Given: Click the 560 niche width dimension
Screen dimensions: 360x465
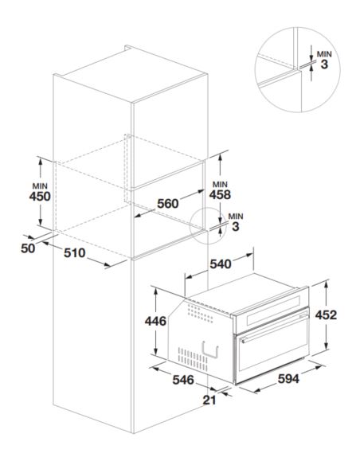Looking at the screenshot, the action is (168, 204).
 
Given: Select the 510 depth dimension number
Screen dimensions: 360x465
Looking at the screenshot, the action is (74, 253).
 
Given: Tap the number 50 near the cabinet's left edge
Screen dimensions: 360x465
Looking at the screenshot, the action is (28, 248).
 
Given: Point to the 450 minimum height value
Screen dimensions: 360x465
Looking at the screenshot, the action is (40, 197).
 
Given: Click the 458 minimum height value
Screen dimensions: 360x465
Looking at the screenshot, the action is (220, 194).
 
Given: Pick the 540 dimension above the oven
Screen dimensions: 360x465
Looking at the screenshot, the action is (221, 264).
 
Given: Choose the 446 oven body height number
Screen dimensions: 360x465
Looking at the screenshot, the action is (155, 321).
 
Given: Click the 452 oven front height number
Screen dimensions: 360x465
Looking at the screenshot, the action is (326, 315).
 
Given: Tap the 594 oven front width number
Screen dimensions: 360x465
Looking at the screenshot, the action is (288, 379).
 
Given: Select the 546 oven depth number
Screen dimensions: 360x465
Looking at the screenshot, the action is (183, 380).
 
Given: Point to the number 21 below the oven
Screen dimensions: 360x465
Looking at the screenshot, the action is (209, 401).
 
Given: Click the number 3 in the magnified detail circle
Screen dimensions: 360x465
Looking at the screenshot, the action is (324, 64).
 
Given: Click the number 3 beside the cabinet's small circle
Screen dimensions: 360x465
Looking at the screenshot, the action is (236, 227).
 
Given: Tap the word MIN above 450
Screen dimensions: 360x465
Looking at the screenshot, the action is (40, 186).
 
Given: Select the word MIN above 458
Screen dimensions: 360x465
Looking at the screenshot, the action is (220, 185).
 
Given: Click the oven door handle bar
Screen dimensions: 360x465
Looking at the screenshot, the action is (274, 328).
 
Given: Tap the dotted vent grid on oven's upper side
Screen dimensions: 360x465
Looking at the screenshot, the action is (200, 314).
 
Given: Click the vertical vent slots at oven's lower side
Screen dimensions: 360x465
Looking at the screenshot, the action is (193, 359).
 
